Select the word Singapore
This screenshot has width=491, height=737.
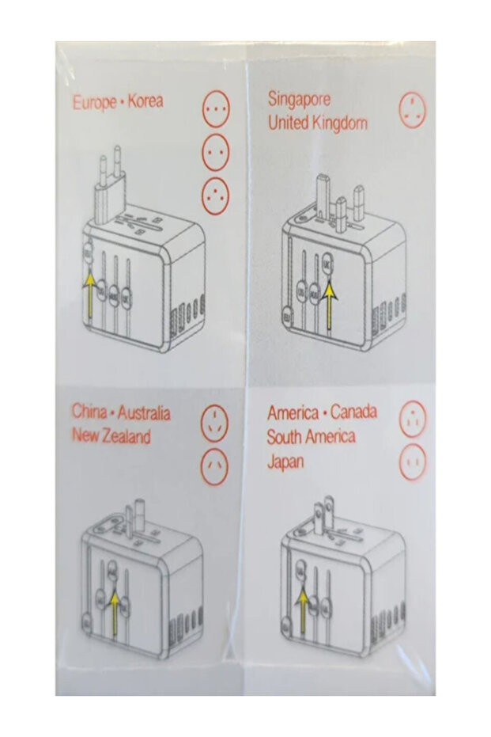pyautogui.click(x=299, y=100)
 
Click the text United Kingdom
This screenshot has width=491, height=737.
pyautogui.click(x=317, y=123)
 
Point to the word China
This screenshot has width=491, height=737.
pyautogui.click(x=89, y=412)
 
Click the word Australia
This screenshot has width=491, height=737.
pyautogui.click(x=145, y=412)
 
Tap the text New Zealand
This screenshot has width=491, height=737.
pyautogui.click(x=111, y=436)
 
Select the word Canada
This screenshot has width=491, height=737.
pyautogui.click(x=353, y=412)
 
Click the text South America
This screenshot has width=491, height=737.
pyautogui.click(x=311, y=436)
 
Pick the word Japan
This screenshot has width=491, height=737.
pyautogui.click(x=285, y=462)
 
